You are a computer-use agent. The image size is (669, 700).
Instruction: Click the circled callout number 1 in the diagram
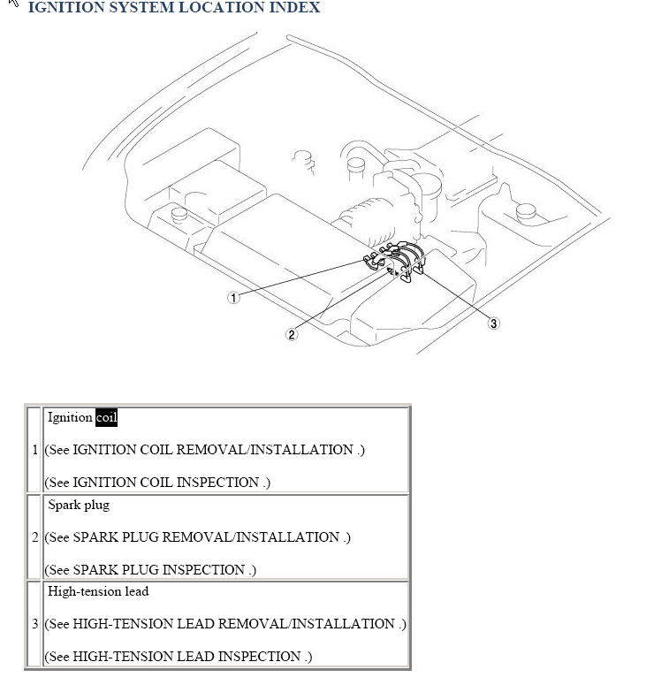click(233, 297)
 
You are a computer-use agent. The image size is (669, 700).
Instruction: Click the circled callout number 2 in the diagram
click(292, 334)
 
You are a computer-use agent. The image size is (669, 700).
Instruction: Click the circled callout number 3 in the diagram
click(493, 323)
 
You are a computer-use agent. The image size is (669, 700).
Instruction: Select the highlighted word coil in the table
click(106, 418)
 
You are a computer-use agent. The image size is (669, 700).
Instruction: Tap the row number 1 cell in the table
click(34, 450)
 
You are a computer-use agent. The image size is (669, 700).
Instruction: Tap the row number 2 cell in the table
click(34, 537)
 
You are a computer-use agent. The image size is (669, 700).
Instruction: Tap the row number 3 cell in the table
click(34, 624)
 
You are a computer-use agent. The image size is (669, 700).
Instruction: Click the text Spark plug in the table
click(79, 506)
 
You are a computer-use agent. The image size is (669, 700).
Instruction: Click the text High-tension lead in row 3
click(98, 591)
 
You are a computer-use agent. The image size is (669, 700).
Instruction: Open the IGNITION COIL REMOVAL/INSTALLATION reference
click(213, 450)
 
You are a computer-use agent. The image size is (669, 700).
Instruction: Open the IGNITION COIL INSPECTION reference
click(165, 483)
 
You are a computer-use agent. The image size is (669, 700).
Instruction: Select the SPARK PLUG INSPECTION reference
click(158, 570)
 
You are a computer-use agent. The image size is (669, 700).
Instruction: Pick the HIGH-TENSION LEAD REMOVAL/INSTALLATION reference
click(233, 624)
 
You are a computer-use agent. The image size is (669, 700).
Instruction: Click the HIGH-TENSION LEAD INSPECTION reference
click(186, 656)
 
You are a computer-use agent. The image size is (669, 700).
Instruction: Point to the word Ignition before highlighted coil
click(70, 418)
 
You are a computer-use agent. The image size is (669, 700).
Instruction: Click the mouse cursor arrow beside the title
click(12, 3)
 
